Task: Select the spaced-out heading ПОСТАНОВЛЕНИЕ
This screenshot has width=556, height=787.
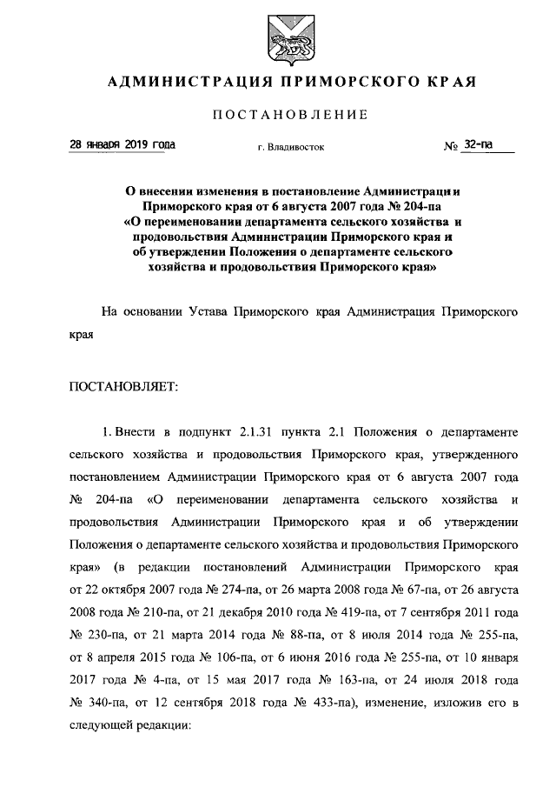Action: tap(290, 116)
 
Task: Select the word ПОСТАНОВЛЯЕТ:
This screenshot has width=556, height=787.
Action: tap(124, 388)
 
